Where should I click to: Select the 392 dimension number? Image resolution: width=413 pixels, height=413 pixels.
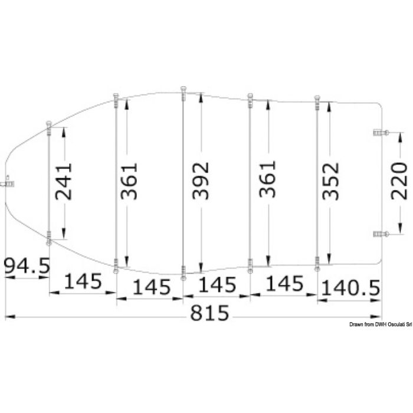click(201, 181)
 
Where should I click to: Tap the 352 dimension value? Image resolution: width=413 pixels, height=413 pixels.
click(333, 181)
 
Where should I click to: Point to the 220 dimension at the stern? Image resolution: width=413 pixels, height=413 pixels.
click(399, 181)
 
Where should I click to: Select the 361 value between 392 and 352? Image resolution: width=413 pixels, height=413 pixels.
click(268, 181)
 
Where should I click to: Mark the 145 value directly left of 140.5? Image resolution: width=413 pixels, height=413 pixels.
click(286, 284)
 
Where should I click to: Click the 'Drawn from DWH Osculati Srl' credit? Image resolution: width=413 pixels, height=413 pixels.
click(380, 324)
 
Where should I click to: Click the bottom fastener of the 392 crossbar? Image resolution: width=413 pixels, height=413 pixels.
click(183, 276)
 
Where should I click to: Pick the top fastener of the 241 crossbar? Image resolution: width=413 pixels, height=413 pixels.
click(49, 124)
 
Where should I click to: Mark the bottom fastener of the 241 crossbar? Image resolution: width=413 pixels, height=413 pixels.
click(49, 241)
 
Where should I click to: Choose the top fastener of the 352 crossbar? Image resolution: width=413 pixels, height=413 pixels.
click(317, 97)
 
